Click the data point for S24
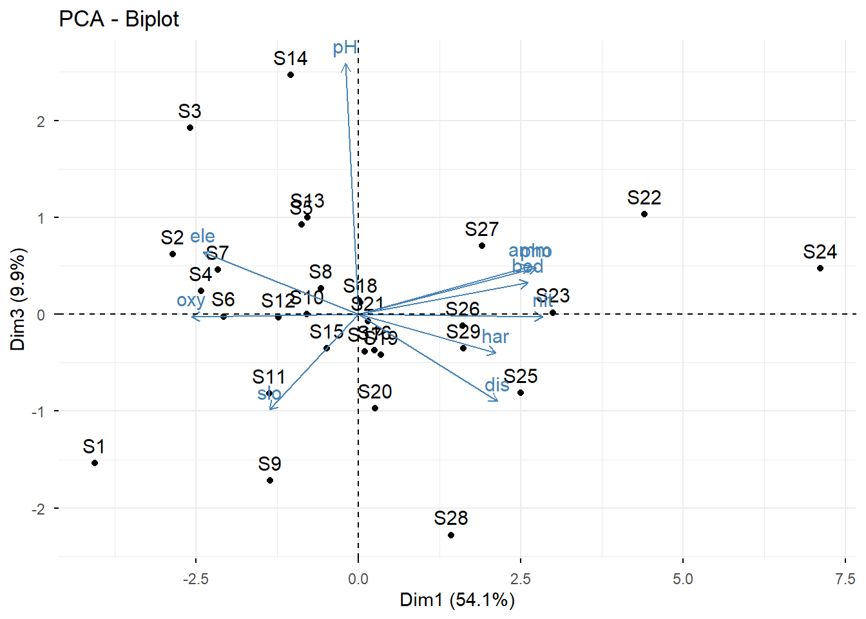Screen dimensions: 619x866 coord(820,268)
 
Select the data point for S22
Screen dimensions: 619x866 coord(644,214)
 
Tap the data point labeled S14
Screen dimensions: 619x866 coord(291,75)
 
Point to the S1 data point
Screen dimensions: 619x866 coord(95,463)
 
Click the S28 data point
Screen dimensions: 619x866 coord(451,535)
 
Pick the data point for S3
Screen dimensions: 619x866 coord(190,128)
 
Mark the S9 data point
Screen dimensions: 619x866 coord(270,480)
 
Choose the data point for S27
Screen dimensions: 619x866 coord(482,246)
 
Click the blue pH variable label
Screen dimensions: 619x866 coord(345,48)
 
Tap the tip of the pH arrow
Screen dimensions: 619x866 coord(345,64)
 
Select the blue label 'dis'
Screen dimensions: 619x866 coord(497,385)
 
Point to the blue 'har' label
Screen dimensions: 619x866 coord(495,337)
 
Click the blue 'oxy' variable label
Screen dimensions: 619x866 coord(191,300)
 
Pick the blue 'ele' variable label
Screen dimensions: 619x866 coord(202,236)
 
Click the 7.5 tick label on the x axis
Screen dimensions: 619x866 coord(845,578)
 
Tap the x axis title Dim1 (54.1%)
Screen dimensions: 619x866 coord(457,600)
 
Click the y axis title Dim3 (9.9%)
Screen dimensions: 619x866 coord(18,299)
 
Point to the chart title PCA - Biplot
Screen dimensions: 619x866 coord(119,19)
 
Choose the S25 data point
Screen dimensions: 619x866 coord(521,393)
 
